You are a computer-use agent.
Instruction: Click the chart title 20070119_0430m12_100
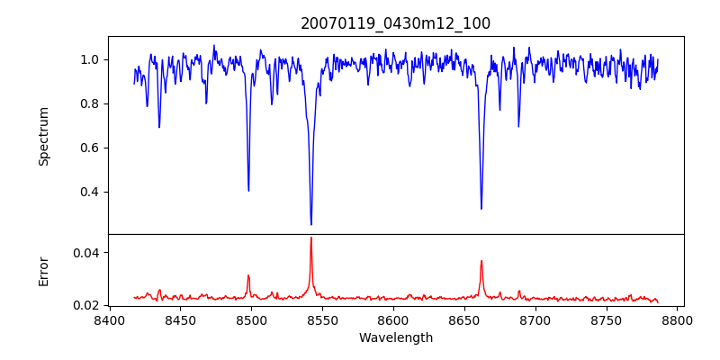396,23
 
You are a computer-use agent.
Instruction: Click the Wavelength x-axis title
396,338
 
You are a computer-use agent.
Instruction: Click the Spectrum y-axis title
43,136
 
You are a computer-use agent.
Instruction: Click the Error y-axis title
43,270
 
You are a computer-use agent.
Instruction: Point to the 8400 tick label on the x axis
109,320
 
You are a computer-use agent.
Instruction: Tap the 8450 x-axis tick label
180,320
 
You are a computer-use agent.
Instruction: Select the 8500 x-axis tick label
251,320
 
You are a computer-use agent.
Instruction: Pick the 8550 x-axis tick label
322,320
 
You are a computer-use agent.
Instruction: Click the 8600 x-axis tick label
393,320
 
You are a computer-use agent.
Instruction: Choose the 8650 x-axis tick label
464,320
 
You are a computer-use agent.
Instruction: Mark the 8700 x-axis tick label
535,320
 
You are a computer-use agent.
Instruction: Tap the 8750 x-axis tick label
607,320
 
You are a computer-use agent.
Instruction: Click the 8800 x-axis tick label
678,320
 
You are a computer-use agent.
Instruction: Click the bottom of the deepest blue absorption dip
311,224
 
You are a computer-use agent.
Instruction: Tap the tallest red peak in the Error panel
311,238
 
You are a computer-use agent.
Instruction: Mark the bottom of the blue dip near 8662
481,209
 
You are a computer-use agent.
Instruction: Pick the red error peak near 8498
248,275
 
